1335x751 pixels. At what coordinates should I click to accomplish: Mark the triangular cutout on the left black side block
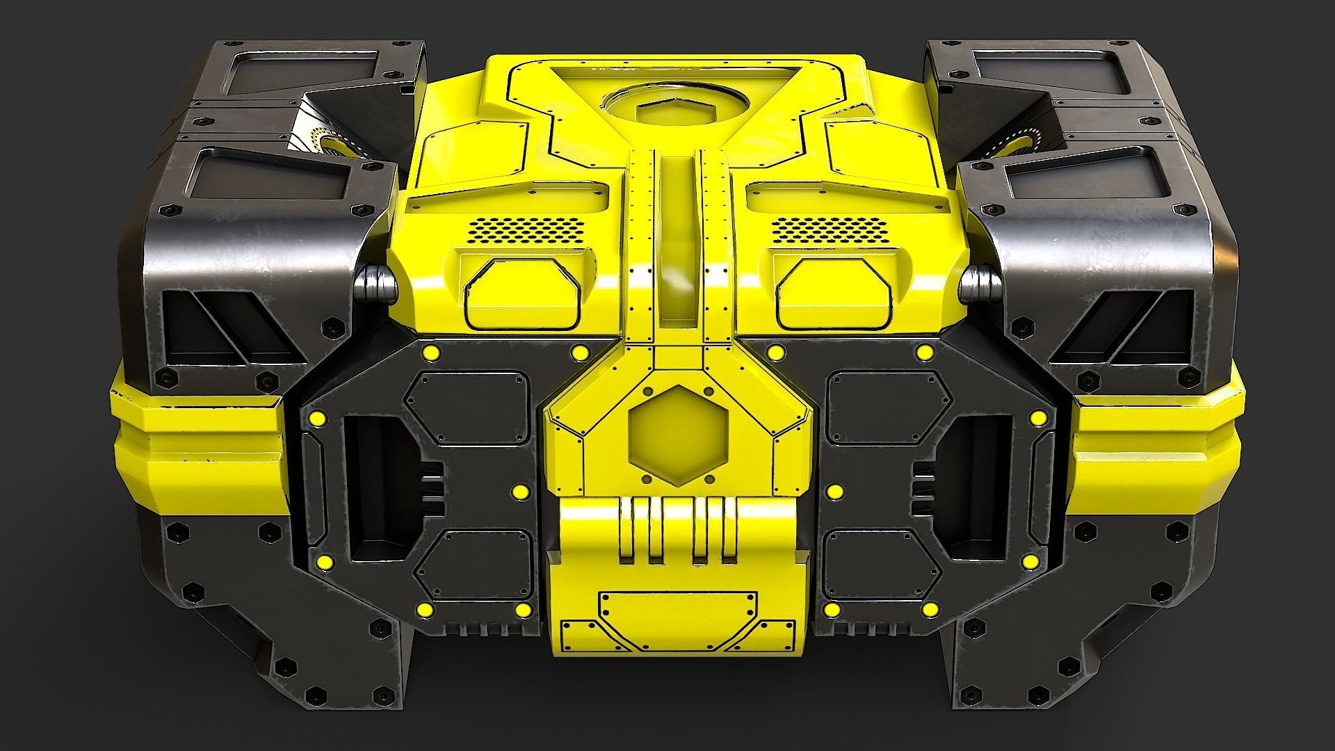(229, 327)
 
